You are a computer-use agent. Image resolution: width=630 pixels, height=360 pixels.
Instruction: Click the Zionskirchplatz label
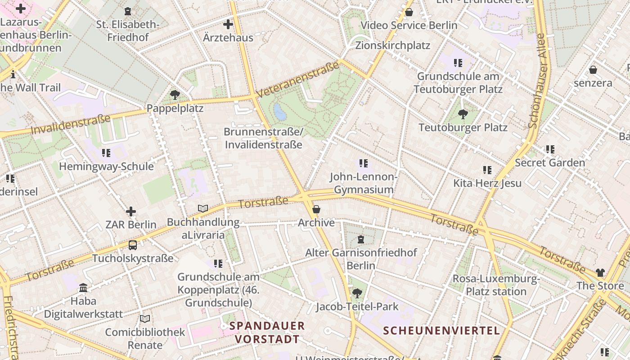392,45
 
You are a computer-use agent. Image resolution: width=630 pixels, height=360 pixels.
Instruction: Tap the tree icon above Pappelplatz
175,95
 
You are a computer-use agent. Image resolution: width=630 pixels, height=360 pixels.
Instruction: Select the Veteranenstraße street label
297,79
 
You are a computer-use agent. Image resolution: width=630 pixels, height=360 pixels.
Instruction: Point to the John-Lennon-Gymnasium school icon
363,163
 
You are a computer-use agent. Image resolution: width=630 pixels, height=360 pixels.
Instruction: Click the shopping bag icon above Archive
316,209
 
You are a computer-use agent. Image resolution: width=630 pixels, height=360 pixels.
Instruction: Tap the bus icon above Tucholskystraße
132,245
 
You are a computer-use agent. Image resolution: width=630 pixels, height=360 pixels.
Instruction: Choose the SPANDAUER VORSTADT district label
267,332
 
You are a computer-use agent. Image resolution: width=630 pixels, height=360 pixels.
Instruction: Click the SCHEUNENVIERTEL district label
441,331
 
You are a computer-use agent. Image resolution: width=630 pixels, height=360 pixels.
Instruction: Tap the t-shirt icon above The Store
600,272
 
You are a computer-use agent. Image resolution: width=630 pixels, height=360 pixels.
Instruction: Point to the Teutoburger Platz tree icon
463,114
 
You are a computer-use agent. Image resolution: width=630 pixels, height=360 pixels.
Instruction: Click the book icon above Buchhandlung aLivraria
203,209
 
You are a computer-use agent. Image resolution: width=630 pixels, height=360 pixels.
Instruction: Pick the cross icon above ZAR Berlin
131,211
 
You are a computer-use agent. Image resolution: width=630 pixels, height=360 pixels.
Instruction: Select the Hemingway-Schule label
106,166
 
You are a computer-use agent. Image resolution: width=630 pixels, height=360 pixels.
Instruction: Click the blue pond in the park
280,112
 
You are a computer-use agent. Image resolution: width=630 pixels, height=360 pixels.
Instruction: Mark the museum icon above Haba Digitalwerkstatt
83,288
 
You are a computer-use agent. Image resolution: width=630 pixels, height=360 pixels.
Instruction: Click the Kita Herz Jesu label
487,183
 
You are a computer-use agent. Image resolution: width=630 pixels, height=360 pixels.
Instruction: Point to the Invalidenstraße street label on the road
71,125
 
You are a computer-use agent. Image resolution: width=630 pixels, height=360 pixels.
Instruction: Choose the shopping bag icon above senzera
593,70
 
